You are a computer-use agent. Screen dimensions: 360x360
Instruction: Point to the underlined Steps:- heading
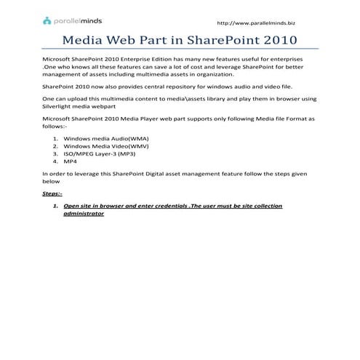tap(52, 194)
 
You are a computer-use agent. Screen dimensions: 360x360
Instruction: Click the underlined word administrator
tap(84, 215)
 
